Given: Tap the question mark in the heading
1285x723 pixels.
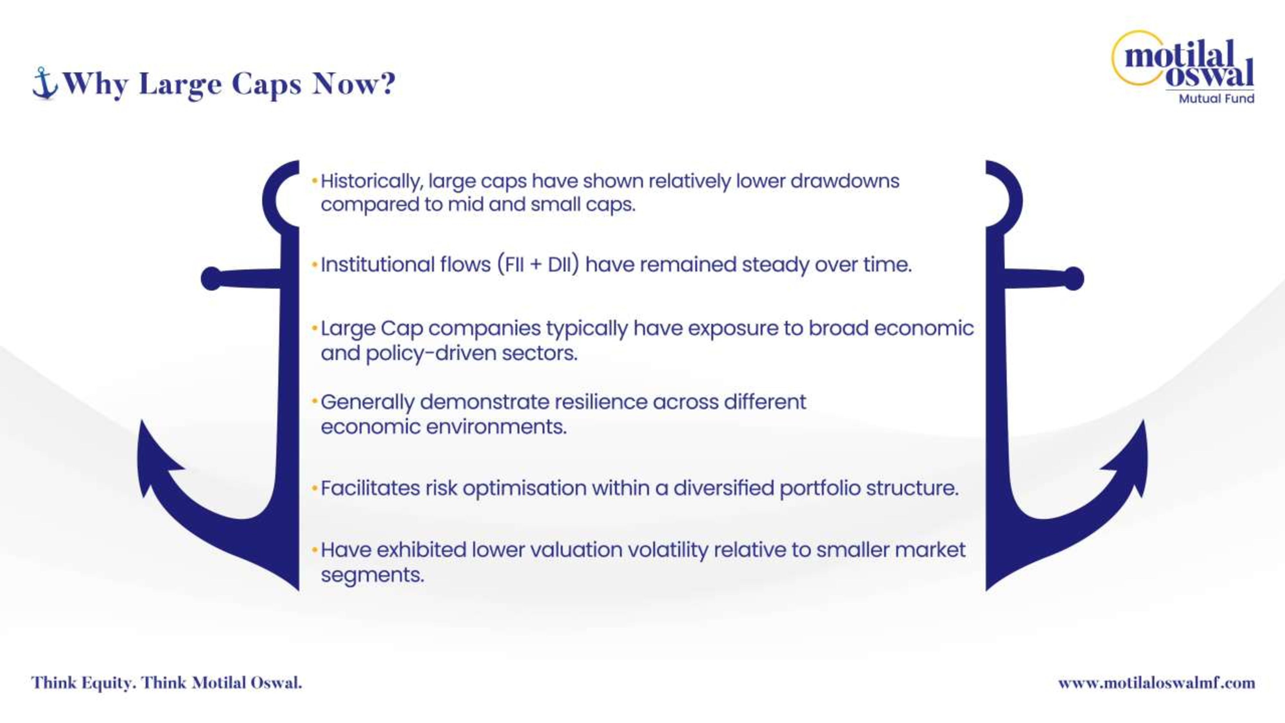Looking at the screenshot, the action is (386, 83).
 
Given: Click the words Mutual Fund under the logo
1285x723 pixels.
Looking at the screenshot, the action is (1216, 98).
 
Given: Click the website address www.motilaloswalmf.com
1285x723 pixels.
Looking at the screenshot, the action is (1156, 683).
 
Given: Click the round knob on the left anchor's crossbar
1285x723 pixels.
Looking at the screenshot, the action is (211, 278).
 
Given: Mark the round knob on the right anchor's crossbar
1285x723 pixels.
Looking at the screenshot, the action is (1074, 278).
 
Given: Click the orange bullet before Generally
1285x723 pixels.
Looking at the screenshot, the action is (315, 401).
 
